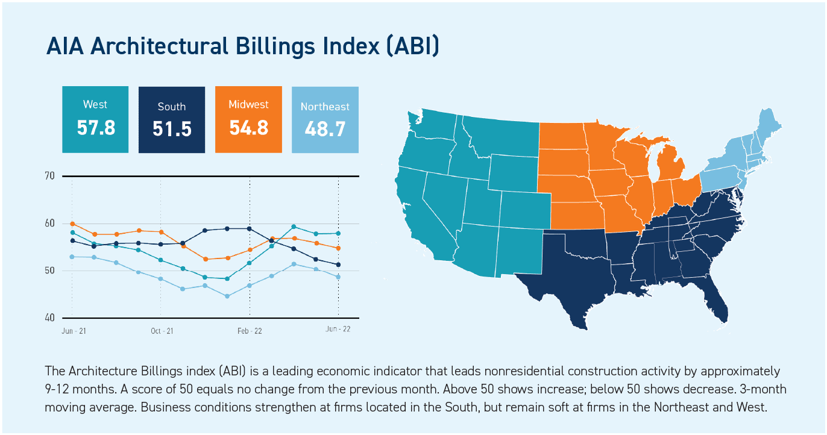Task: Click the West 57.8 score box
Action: [95, 119]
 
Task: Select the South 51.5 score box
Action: [172, 119]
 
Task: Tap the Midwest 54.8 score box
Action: [248, 119]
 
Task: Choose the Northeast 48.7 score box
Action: [325, 119]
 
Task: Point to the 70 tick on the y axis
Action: [49, 176]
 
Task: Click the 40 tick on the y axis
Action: [49, 318]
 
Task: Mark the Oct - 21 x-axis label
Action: [162, 331]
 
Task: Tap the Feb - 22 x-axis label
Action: [250, 331]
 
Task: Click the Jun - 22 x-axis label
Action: [338, 329]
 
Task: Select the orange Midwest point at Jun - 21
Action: [72, 224]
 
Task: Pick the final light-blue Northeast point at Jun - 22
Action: [338, 277]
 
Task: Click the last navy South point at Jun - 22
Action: [338, 264]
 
